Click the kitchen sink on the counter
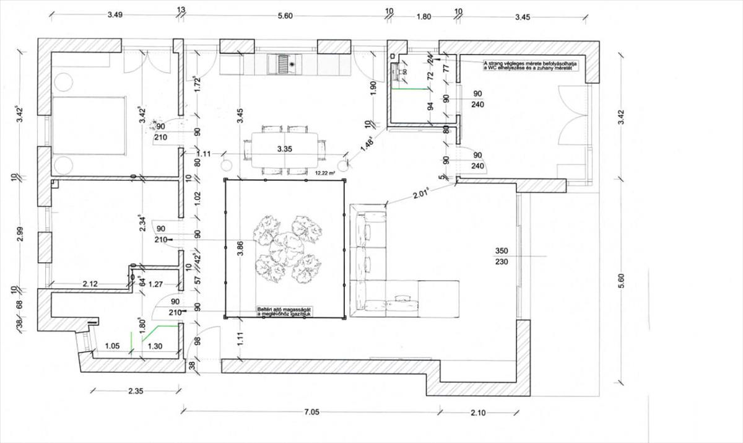pos(284,63)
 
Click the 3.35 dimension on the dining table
pos(284,149)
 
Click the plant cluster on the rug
pos(287,248)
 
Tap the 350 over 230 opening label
pos(502,257)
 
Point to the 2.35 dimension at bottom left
pos(136,391)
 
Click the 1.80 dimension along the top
pos(424,17)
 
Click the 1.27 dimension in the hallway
pos(156,284)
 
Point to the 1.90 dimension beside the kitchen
pos(373,87)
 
